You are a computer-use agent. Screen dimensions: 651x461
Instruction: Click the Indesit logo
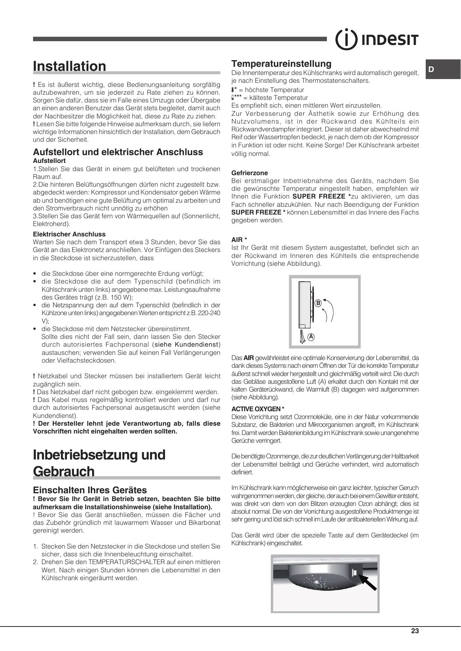(x=377, y=39)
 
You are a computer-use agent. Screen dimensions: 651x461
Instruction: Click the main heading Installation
(x=69, y=66)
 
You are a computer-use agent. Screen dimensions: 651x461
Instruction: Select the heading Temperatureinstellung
(x=281, y=63)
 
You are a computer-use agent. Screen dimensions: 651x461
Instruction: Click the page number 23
(x=415, y=631)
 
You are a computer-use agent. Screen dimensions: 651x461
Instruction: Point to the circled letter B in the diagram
(x=318, y=303)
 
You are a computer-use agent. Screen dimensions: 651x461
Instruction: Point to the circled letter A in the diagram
(x=311, y=337)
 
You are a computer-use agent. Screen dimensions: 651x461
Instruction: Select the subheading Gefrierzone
(x=249, y=173)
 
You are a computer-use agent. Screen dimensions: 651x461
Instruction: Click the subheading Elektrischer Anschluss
(x=69, y=234)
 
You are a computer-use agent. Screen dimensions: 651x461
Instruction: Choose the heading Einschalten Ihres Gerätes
(x=90, y=490)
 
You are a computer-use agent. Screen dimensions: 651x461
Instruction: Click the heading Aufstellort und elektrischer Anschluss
(x=118, y=152)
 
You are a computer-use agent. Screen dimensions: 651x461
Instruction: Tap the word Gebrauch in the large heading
(x=64, y=471)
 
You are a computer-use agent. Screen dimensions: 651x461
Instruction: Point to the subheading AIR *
(x=239, y=240)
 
